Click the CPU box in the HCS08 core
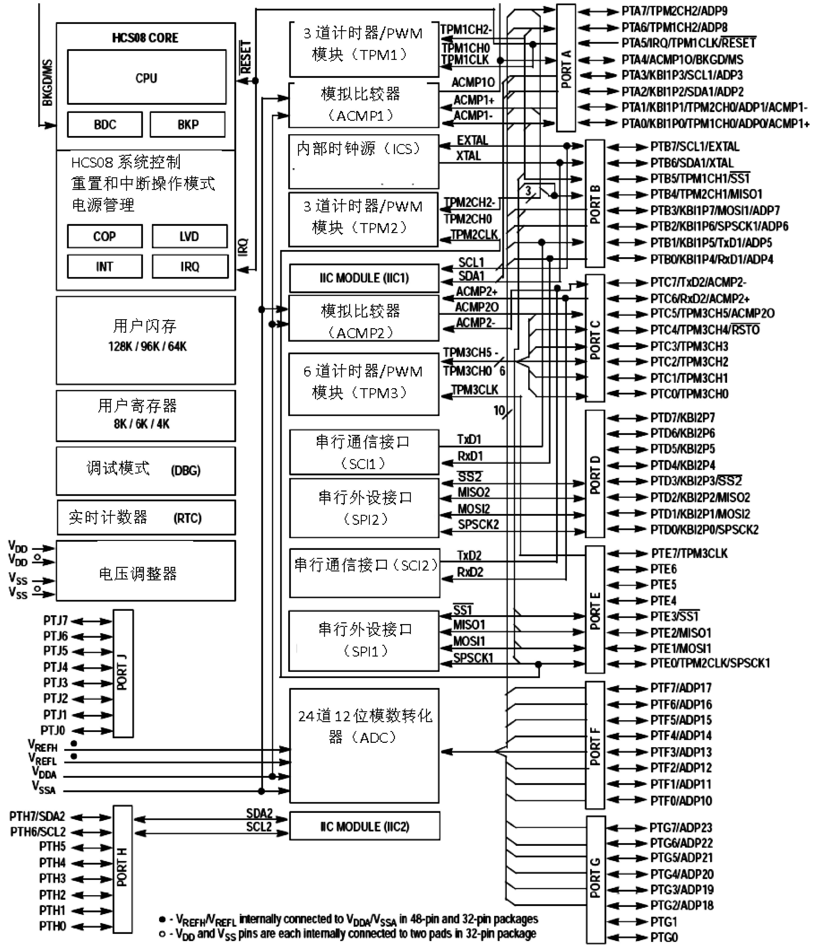[x=147, y=77]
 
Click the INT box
[x=105, y=266]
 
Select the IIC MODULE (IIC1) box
[x=364, y=278]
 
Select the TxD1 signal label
[x=469, y=439]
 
